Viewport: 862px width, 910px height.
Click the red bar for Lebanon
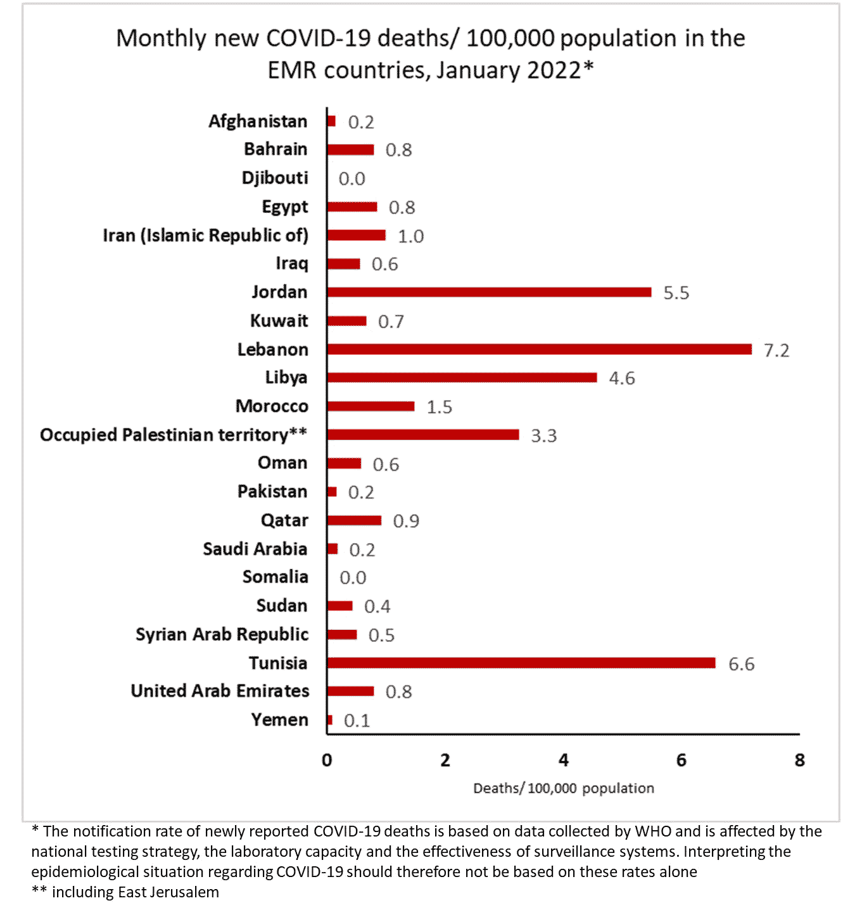tap(539, 349)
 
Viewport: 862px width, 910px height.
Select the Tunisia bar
tap(521, 663)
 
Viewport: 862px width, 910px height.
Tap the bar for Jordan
tap(489, 292)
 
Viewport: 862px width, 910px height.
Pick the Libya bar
tap(462, 378)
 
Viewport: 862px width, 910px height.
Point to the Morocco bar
tap(371, 406)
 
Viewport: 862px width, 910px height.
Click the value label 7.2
tap(776, 350)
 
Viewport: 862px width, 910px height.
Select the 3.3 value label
tap(543, 436)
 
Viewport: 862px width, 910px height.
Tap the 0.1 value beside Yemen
tap(357, 721)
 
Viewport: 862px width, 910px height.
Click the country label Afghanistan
tap(258, 121)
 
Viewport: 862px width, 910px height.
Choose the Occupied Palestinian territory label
tap(174, 435)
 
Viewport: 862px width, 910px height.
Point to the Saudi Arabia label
tap(255, 549)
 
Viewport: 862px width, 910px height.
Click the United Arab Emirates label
tap(220, 691)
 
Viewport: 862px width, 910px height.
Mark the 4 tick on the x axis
tap(564, 760)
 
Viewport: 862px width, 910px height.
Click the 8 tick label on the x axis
tap(799, 760)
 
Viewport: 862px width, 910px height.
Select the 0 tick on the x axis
tap(327, 760)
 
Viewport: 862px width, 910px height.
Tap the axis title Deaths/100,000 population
tap(564, 788)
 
